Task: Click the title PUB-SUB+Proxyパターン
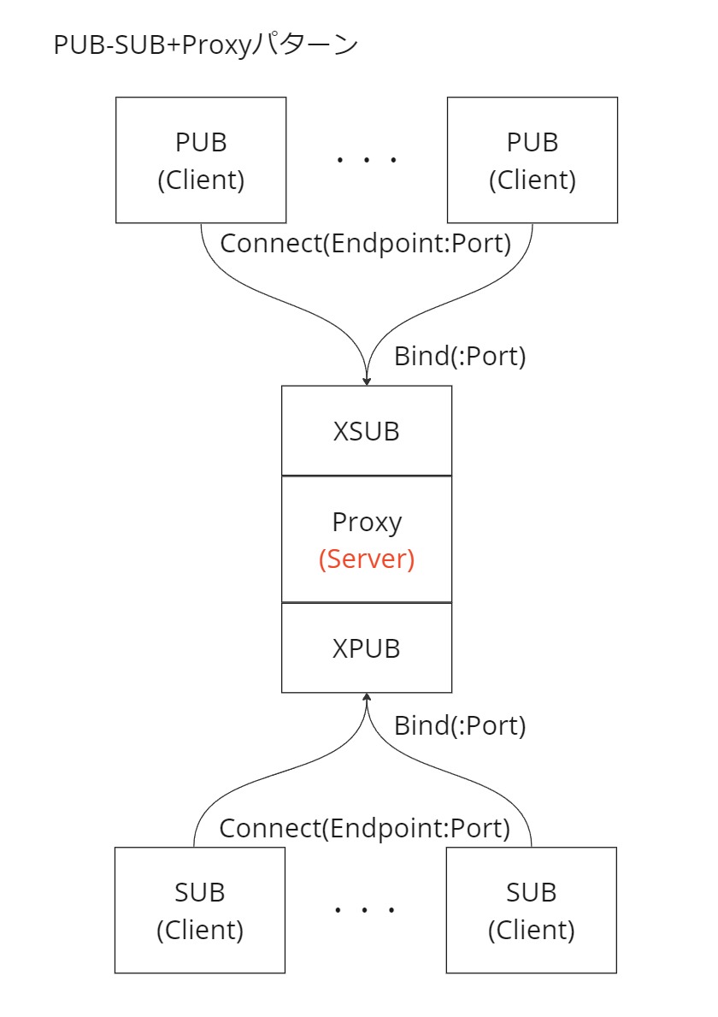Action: (x=205, y=45)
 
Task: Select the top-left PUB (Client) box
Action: (x=201, y=160)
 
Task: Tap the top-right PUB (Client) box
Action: (x=532, y=160)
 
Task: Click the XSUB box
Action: (x=366, y=430)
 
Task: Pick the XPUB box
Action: (x=366, y=648)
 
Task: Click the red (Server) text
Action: (x=366, y=559)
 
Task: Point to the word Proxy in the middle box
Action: (x=366, y=522)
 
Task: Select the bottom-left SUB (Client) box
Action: (x=200, y=910)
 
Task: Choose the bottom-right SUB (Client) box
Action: (x=531, y=910)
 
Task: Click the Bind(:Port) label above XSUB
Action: (x=459, y=356)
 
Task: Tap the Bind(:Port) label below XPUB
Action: (x=459, y=726)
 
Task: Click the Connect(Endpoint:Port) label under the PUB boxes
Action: (x=366, y=244)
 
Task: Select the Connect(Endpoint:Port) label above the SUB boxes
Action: (x=365, y=828)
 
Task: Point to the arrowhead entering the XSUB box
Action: (x=367, y=381)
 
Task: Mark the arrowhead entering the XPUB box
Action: (x=367, y=698)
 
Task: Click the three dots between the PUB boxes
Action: (x=366, y=160)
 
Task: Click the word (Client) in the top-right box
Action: (x=532, y=180)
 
